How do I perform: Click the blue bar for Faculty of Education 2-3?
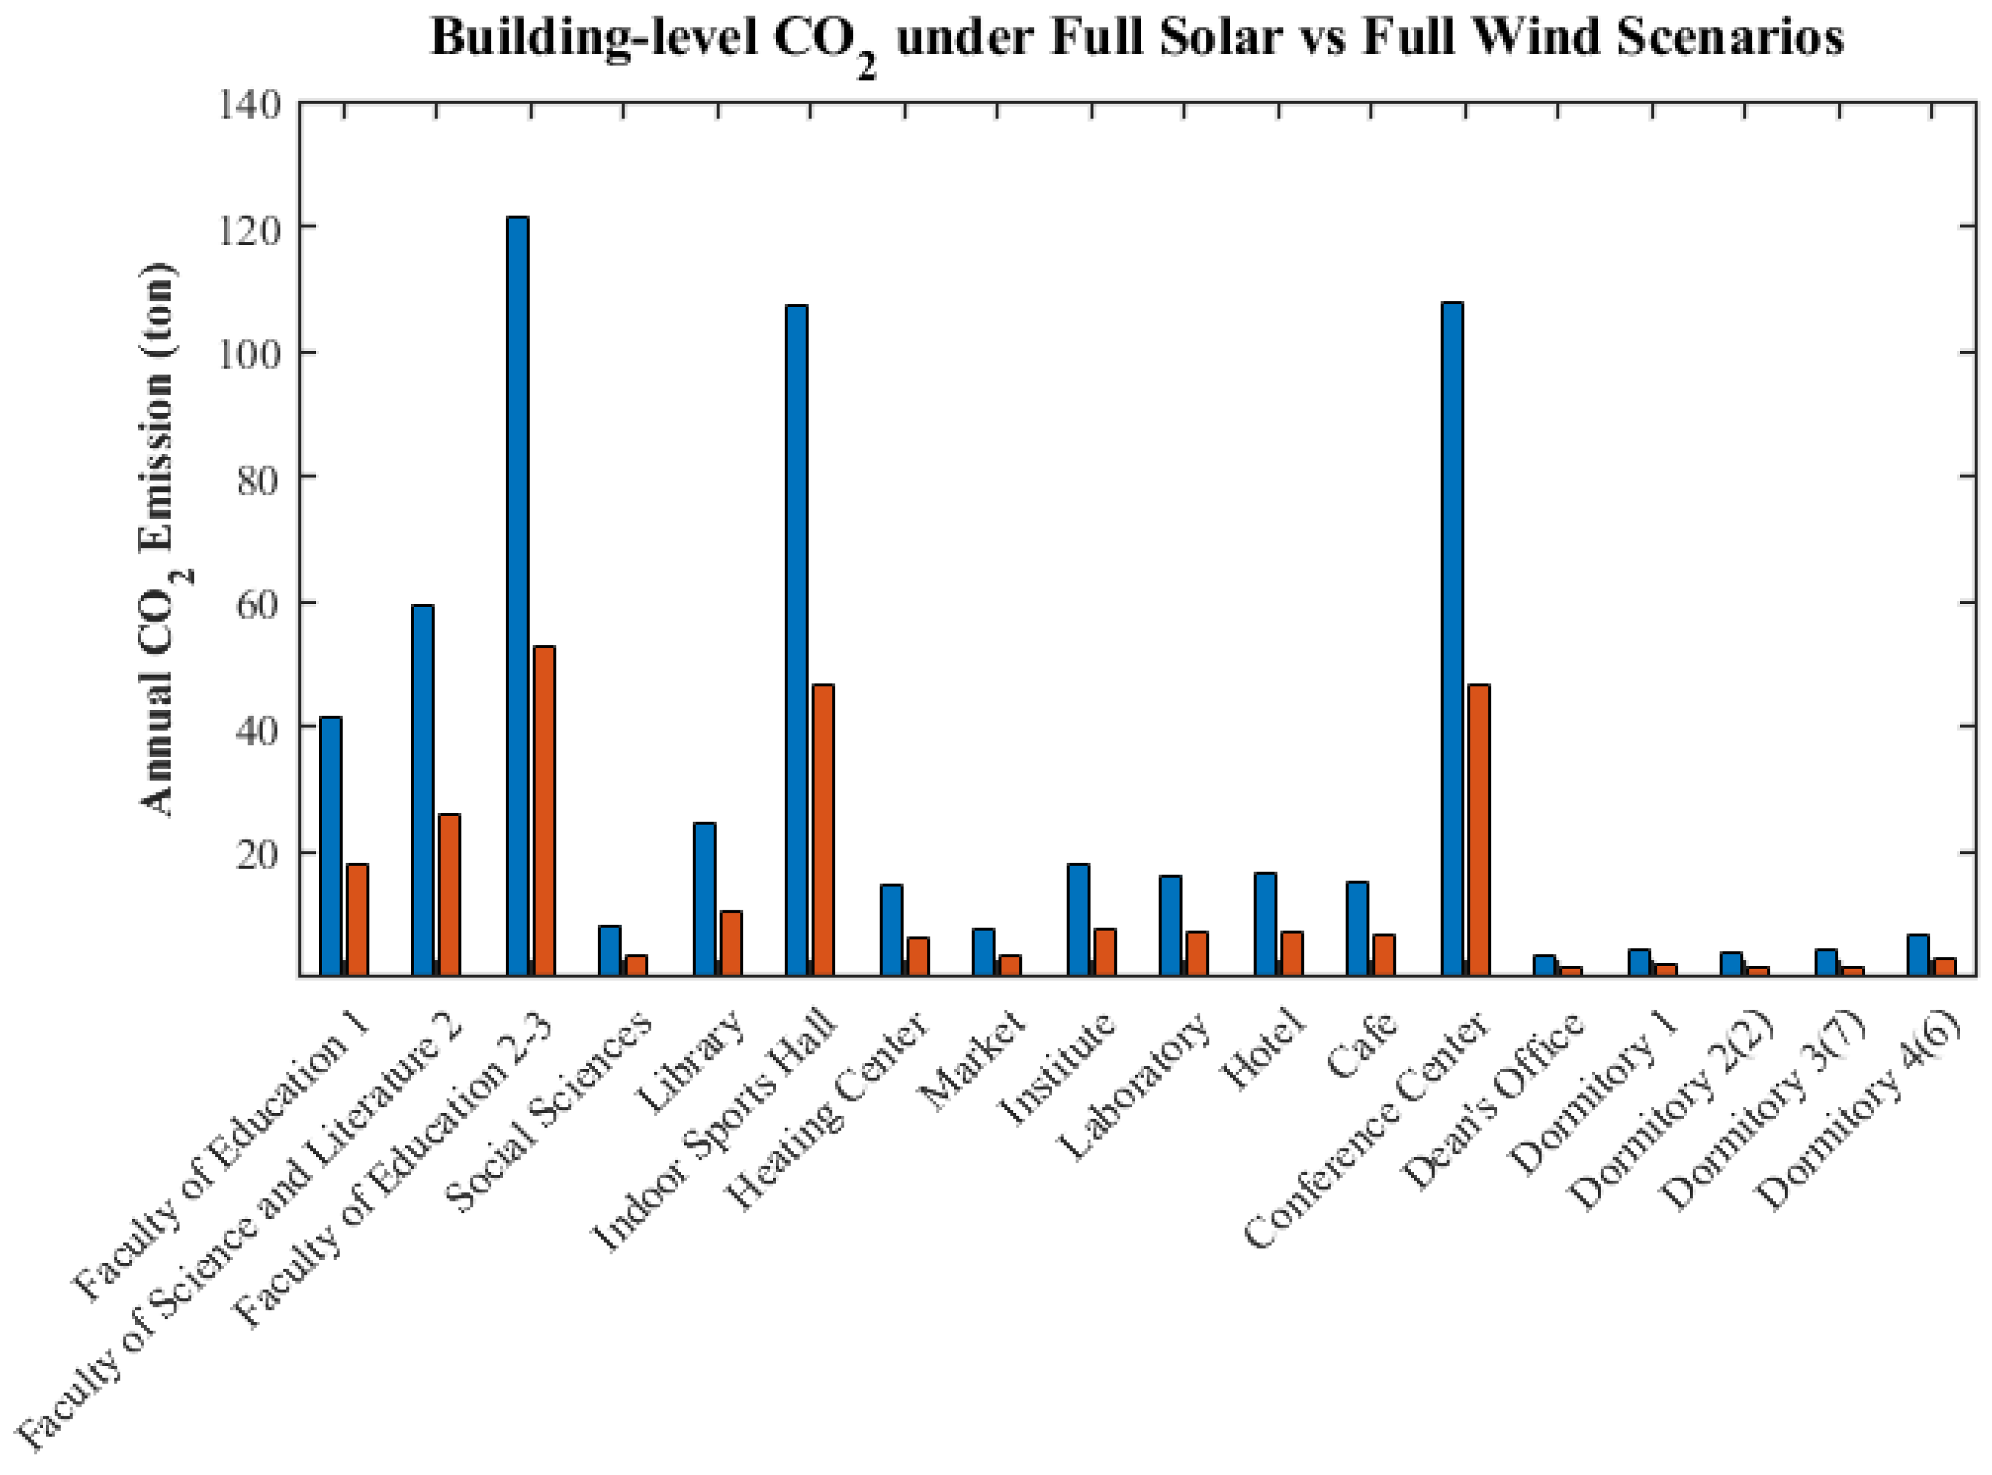[x=517, y=596]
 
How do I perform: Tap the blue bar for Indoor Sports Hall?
[x=797, y=640]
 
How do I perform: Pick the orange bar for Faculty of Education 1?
[x=357, y=919]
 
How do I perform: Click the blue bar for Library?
[x=705, y=899]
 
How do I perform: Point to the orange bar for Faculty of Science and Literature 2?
[x=449, y=895]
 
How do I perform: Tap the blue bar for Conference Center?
[x=1452, y=639]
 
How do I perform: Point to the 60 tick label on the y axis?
[x=260, y=603]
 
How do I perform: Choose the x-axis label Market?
[x=977, y=1062]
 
